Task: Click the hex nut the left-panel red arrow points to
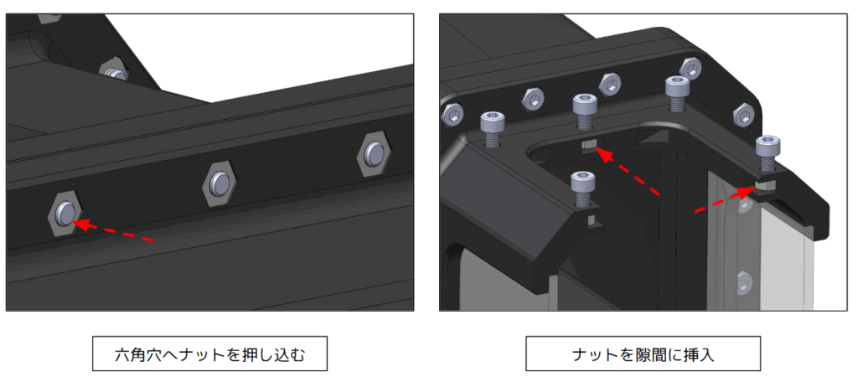[65, 214]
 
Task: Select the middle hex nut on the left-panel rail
[220, 183]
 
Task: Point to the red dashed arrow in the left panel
[113, 230]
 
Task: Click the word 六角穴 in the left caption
[137, 354]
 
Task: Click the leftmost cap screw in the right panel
[491, 130]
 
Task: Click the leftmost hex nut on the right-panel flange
[452, 115]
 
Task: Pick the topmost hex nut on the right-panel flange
[690, 68]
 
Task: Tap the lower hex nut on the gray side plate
[743, 281]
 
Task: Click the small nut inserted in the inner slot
[589, 146]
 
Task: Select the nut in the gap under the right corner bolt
[766, 185]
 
